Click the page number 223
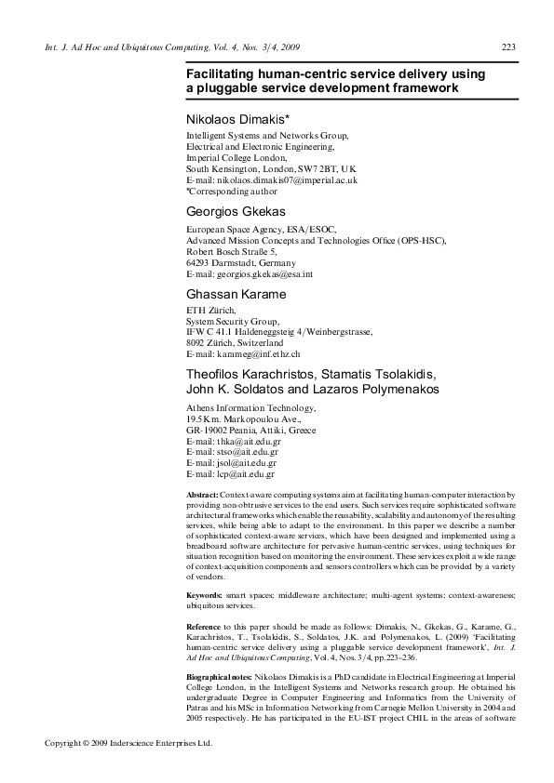[508, 48]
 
